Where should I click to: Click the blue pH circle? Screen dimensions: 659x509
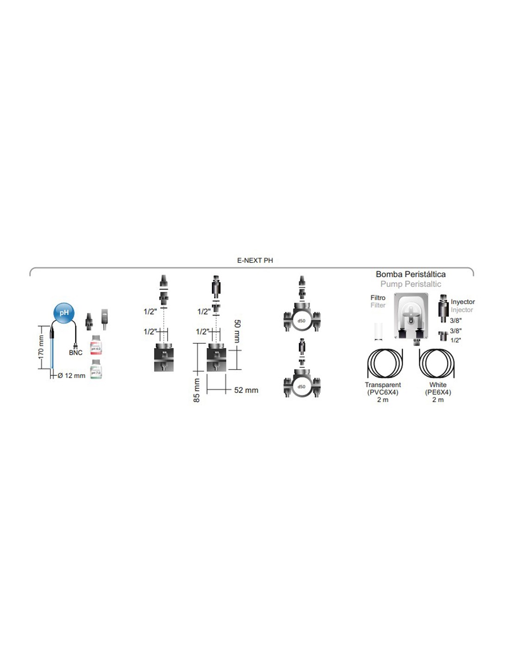click(64, 313)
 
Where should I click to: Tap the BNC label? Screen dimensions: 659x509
click(75, 353)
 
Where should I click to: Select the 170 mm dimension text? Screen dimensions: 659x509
click(41, 347)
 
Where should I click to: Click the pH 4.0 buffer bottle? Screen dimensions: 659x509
click(96, 346)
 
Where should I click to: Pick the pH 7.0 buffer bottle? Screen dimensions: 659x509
click(96, 370)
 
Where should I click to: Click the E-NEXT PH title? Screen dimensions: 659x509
click(255, 260)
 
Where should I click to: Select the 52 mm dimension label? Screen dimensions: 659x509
click(246, 390)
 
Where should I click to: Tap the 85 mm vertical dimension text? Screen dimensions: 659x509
click(197, 390)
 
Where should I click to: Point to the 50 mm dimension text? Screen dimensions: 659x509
click(237, 331)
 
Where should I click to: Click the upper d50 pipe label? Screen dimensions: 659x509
click(302, 321)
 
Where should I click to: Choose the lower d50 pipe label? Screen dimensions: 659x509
click(302, 387)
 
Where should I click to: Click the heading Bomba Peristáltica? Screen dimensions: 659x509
click(410, 274)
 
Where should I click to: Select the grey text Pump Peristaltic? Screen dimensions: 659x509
click(410, 284)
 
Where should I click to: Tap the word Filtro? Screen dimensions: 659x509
click(378, 298)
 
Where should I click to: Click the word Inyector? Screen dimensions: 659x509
click(463, 302)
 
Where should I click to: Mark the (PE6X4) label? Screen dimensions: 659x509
click(438, 392)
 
